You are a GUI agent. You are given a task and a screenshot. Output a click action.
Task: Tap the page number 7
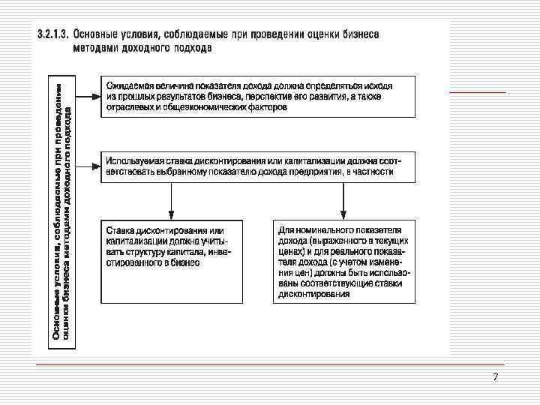(496, 376)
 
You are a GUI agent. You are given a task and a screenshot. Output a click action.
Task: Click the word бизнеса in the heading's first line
(358, 34)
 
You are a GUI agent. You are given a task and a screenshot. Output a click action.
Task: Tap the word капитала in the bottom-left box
(184, 253)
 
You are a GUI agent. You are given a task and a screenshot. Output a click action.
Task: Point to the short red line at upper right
(477, 91)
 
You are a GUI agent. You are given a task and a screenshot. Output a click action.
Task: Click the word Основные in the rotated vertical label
(57, 319)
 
